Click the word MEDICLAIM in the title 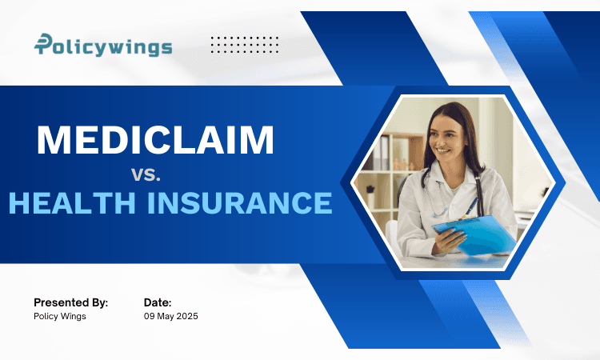tap(155, 140)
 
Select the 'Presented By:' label tap(70, 302)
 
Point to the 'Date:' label tap(158, 302)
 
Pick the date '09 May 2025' tap(170, 317)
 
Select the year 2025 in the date tap(186, 317)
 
